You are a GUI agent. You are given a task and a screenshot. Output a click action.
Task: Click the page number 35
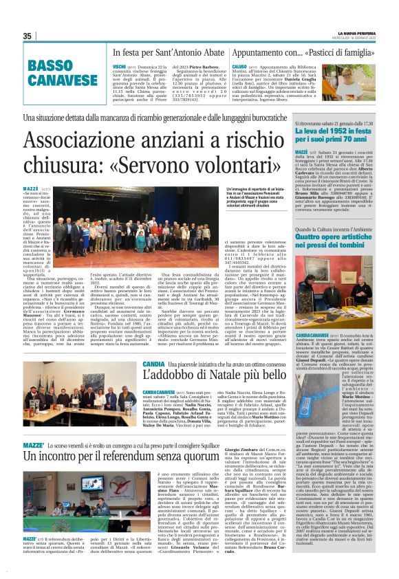(28, 36)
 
